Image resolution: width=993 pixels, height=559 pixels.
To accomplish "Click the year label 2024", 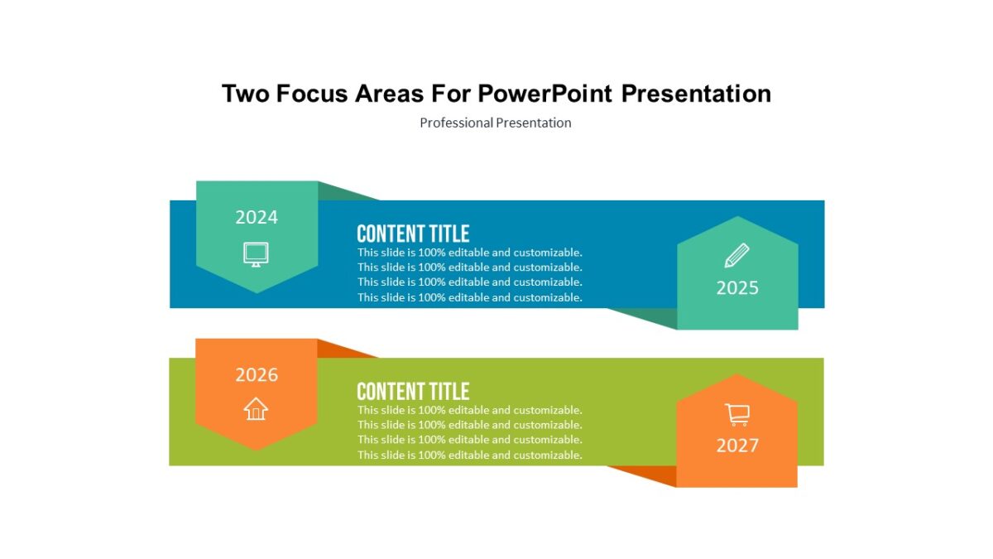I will (257, 218).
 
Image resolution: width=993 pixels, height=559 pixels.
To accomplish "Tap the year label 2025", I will (737, 288).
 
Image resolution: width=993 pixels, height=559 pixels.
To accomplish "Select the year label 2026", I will (257, 375).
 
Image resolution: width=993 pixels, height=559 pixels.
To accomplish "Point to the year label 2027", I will (737, 446).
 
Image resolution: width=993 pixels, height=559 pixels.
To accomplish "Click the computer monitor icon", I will (257, 253).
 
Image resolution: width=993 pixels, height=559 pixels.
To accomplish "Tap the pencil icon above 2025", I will (736, 255).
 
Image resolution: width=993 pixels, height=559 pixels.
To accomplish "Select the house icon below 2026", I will (257, 408).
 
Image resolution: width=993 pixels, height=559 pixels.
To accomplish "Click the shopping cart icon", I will (736, 413).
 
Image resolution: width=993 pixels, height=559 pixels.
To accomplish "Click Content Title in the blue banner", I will (413, 234).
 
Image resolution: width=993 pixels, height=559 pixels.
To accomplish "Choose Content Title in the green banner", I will (413, 391).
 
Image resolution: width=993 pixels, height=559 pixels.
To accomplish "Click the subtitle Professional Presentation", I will (495, 123).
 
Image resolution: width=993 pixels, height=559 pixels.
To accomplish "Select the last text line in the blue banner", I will (469, 297).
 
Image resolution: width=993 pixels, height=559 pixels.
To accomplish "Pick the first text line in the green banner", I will (469, 410).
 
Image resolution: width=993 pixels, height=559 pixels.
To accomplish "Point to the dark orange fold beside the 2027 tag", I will (654, 475).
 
